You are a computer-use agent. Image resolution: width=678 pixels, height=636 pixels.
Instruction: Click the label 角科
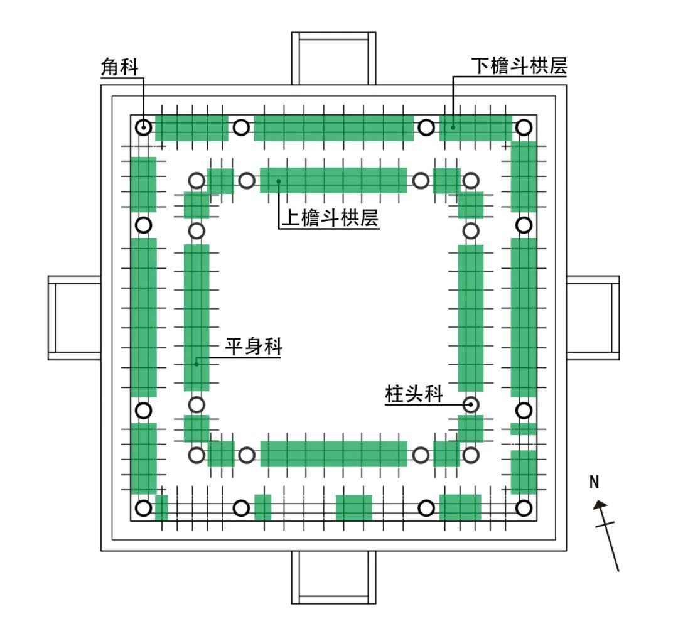click(119, 68)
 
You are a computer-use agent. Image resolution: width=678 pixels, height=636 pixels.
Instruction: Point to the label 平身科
click(254, 347)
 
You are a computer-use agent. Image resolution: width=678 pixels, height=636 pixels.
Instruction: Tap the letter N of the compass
click(595, 482)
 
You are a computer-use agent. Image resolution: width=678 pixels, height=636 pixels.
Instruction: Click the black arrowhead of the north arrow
click(601, 504)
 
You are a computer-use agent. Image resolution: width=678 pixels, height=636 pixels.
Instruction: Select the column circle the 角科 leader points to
click(144, 127)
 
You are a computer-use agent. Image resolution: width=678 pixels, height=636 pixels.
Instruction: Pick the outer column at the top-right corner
click(524, 127)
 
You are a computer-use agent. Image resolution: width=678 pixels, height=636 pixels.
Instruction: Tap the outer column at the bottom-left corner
click(144, 508)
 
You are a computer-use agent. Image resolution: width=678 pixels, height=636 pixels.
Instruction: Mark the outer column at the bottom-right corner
click(524, 508)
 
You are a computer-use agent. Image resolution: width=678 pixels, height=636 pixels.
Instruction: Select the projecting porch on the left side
click(75, 318)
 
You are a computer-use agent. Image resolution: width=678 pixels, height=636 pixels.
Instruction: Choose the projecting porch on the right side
click(593, 318)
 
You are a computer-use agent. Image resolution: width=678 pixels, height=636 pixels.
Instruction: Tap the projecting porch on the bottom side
click(333, 576)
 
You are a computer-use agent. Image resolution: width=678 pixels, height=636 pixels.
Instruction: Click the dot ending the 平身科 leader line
click(196, 363)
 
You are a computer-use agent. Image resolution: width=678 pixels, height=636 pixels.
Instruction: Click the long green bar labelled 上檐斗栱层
click(333, 181)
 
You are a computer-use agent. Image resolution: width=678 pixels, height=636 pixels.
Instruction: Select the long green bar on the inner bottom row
click(333, 454)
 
